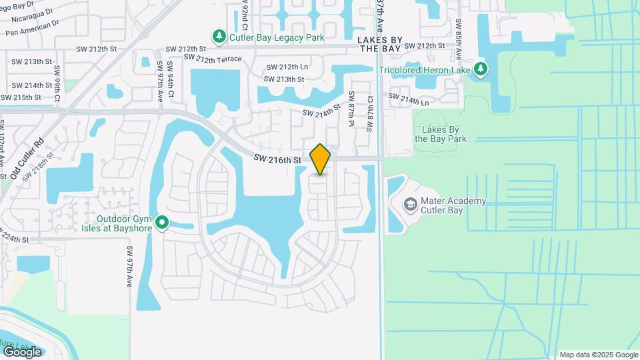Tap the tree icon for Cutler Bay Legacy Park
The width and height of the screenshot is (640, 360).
[219, 36]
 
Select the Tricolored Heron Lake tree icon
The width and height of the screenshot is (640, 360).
[481, 69]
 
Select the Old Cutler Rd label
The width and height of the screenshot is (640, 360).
[27, 158]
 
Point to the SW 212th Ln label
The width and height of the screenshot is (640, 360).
[287, 67]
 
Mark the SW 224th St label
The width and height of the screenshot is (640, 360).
[15, 238]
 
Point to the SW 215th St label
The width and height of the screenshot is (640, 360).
[21, 97]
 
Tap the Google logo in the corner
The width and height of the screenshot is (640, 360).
[22, 351]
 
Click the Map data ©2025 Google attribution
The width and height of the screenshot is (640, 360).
[599, 355]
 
